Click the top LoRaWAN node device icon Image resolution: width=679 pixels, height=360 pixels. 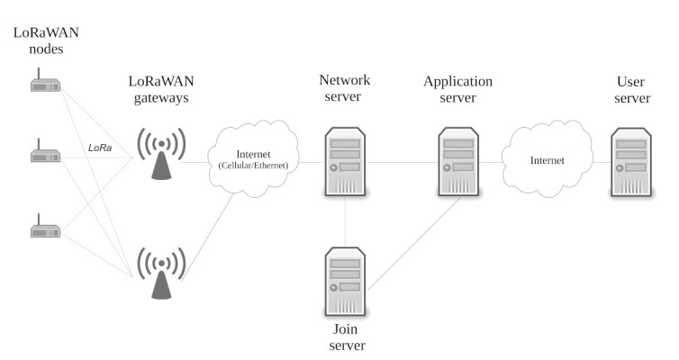[44, 85]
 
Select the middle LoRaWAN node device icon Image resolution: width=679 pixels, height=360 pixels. [44, 154]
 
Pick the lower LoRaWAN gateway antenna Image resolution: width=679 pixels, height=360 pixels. [160, 273]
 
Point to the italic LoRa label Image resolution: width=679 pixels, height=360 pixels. [100, 148]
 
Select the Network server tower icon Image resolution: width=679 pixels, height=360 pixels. [346, 162]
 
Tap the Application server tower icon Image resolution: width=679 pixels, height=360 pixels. [458, 162]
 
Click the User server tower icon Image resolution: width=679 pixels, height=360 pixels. [629, 162]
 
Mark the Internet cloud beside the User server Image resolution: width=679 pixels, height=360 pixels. [547, 160]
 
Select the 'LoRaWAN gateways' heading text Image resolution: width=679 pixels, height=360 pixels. [158, 90]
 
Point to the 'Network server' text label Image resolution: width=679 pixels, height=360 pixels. [345, 89]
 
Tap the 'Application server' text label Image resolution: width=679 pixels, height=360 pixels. [457, 89]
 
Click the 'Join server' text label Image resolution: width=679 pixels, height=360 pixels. [345, 337]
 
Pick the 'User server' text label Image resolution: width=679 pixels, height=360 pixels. [631, 89]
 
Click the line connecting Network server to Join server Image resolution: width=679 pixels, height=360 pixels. [346, 221]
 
